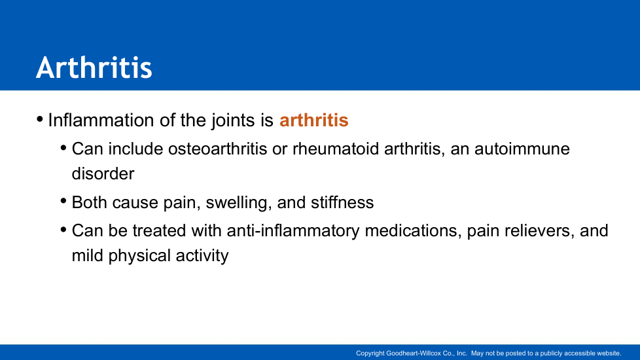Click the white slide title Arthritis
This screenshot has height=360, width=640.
pyautogui.click(x=94, y=67)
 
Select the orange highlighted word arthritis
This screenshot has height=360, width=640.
pyautogui.click(x=314, y=120)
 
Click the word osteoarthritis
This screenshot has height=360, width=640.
pyautogui.click(x=217, y=149)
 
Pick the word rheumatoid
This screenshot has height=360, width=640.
pyautogui.click(x=336, y=149)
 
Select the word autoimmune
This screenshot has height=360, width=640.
pyautogui.click(x=522, y=149)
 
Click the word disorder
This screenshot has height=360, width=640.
pyautogui.click(x=103, y=174)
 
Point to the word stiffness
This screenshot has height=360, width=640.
pyautogui.click(x=342, y=202)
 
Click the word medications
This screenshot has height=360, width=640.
pyautogui.click(x=413, y=231)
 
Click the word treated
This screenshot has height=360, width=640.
pyautogui.click(x=159, y=231)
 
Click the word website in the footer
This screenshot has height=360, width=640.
pyautogui.click(x=609, y=353)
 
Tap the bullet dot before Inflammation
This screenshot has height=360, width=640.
pyautogui.click(x=40, y=119)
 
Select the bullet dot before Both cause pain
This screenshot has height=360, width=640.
pyautogui.click(x=63, y=200)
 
